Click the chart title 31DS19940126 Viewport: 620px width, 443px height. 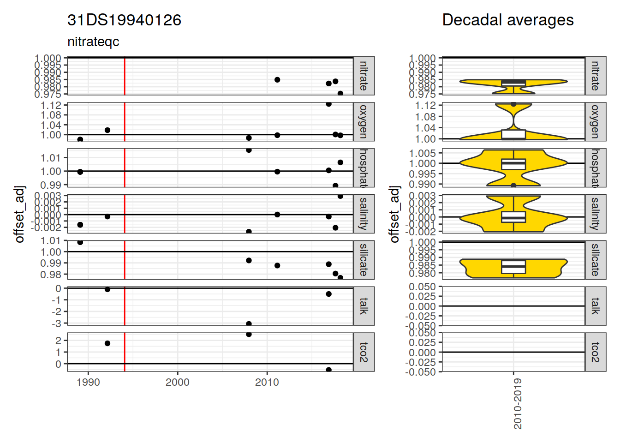[x=124, y=20]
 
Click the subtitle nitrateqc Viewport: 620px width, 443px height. [x=93, y=42]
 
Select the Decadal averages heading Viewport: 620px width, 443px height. [x=507, y=20]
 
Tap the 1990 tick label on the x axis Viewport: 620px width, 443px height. [x=88, y=382]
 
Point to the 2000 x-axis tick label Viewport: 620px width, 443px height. [x=178, y=382]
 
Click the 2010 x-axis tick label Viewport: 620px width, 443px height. [x=267, y=382]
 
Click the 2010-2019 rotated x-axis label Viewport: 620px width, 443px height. [x=518, y=404]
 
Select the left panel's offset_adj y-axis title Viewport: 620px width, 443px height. [x=19, y=214]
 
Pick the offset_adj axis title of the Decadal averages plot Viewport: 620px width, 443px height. [x=394, y=214]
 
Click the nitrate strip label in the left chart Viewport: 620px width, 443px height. [x=364, y=76]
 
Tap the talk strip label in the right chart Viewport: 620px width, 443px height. [x=595, y=306]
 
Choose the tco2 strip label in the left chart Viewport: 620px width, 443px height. [x=364, y=352]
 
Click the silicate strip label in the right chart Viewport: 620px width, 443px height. [x=595, y=260]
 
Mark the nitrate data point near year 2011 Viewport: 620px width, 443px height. [x=277, y=80]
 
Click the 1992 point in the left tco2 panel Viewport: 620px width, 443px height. [x=107, y=343]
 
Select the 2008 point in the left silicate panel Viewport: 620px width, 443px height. [x=249, y=260]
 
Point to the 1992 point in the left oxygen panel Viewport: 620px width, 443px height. [x=107, y=130]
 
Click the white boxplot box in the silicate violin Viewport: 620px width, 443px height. [x=513, y=267]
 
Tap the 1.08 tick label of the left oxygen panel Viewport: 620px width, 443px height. [x=51, y=115]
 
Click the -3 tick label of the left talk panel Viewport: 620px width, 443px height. [x=56, y=323]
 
